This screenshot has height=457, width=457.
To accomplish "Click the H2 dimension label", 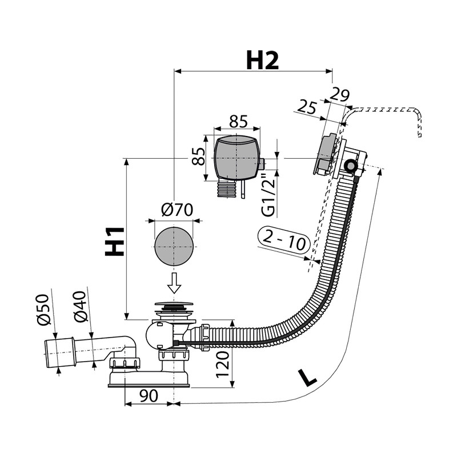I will click(x=262, y=59).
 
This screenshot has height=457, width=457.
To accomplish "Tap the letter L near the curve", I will click(x=307, y=377).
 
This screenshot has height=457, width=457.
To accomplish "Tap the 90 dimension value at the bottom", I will click(x=149, y=395).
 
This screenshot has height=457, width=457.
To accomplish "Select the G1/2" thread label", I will click(x=268, y=195).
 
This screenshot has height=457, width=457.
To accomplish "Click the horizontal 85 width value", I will click(x=238, y=121).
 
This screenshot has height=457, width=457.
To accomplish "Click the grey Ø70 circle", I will click(x=174, y=246).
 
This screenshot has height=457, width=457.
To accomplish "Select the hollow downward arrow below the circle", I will click(x=174, y=282).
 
